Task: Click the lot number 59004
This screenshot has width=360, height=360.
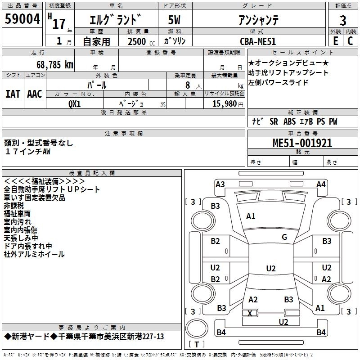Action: tap(22, 20)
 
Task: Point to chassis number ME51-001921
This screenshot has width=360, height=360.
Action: tap(302, 143)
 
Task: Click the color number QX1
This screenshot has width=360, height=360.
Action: tap(74, 103)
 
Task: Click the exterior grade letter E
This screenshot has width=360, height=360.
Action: tap(335, 41)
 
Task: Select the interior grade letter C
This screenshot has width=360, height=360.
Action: tap(350, 41)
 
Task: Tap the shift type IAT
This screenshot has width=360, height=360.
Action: tap(13, 94)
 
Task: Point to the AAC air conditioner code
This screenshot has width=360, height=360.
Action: tap(35, 94)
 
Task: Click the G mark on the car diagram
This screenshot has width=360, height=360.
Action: tap(284, 237)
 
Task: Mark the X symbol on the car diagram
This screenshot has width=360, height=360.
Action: tap(251, 313)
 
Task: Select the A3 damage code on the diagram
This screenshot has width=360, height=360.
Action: tap(220, 184)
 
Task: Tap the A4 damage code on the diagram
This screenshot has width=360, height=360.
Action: tap(321, 184)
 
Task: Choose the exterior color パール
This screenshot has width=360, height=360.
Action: tap(97, 85)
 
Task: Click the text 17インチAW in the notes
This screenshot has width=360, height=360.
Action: tap(27, 152)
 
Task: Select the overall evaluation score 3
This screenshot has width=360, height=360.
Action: tap(343, 20)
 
